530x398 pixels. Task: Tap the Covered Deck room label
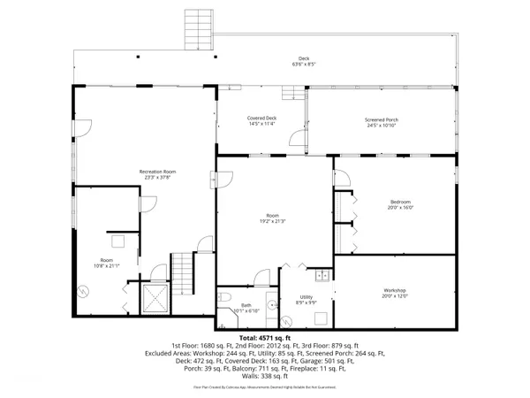coord(261,118)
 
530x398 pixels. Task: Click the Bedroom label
coord(400,202)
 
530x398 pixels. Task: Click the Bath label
coord(241,305)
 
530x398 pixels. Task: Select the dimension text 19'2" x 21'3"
coord(273,221)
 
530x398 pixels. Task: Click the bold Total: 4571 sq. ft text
coord(265,338)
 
